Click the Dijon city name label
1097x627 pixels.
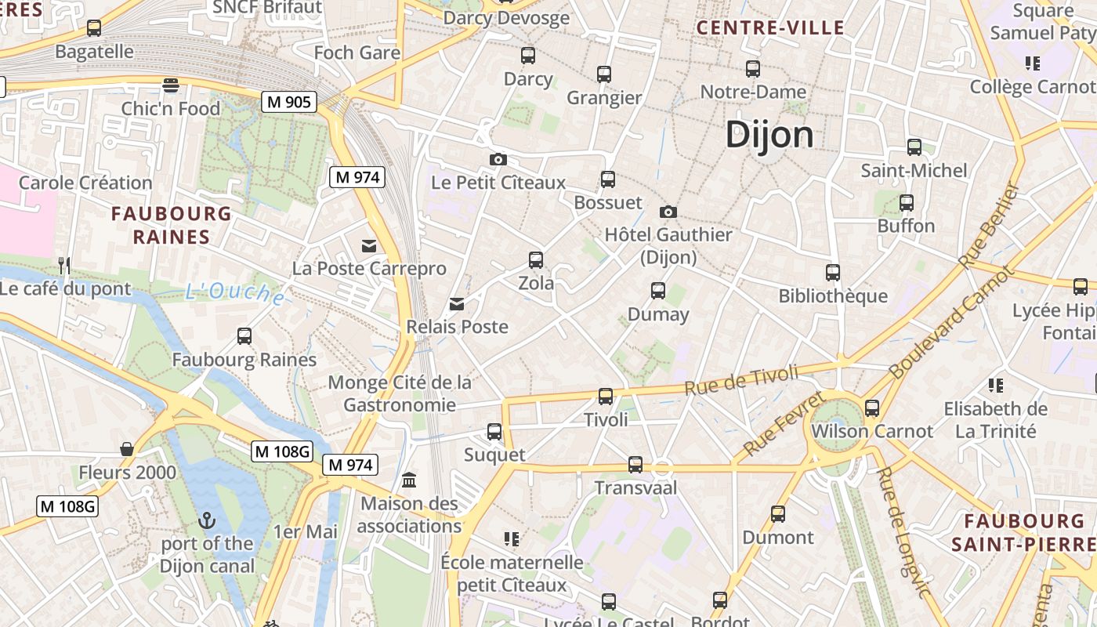point(769,135)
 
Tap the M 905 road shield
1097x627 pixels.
point(289,101)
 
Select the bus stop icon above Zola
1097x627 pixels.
point(536,259)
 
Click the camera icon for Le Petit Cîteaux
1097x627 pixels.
point(498,160)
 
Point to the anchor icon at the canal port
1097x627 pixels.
point(207,520)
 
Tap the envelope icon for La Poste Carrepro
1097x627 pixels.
point(369,246)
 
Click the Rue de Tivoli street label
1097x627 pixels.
point(741,379)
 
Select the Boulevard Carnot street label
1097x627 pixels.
point(940,320)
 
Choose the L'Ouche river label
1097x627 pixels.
point(235,294)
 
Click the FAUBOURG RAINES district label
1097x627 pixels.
point(172,225)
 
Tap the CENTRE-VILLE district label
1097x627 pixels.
point(770,28)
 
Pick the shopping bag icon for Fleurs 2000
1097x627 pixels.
point(127,449)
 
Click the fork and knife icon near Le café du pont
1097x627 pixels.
point(64,266)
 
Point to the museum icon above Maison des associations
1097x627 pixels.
point(409,480)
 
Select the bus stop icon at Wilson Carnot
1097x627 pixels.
point(872,408)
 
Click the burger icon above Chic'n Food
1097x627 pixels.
point(171,85)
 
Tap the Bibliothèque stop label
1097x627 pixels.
point(833,296)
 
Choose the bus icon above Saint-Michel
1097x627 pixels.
point(914,147)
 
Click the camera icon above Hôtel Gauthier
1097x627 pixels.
point(668,212)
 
